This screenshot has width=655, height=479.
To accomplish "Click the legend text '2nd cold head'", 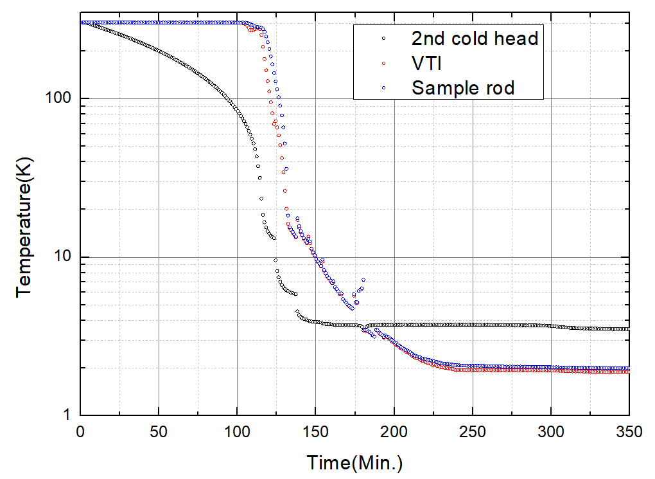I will click(475, 38).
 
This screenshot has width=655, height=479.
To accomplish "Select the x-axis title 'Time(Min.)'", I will click(354, 462).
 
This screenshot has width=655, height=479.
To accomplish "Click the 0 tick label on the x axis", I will click(80, 432).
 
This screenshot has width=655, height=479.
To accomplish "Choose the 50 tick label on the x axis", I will click(158, 432).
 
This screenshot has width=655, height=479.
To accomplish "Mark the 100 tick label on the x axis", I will click(237, 432).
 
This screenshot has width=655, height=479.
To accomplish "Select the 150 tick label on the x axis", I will click(315, 432).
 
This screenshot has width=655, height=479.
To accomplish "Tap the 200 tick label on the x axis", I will click(394, 432).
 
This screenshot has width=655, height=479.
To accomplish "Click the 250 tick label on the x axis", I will click(473, 432).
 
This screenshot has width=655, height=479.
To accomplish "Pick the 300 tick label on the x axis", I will click(551, 432).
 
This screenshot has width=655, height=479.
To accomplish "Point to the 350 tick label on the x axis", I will click(629, 432).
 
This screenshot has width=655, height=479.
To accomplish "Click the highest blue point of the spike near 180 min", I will click(363, 280).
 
